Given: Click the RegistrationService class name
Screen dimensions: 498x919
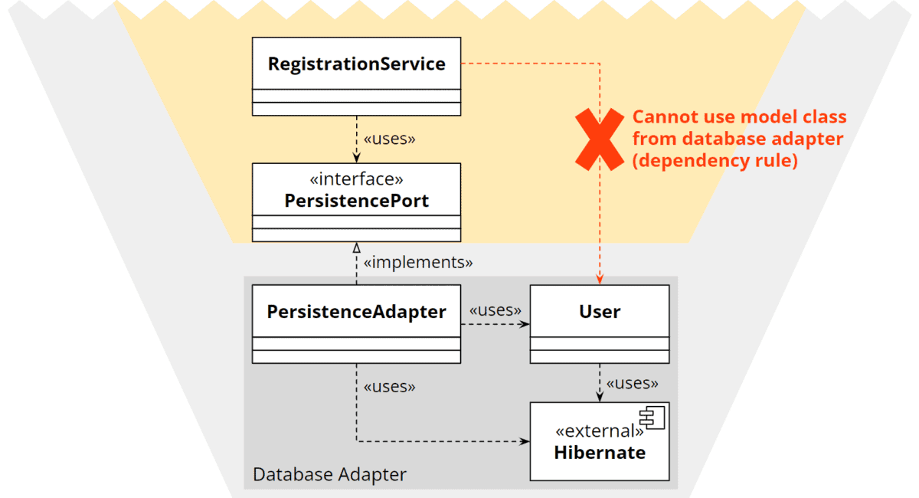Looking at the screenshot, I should (356, 64).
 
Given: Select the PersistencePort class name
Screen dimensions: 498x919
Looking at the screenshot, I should (356, 201).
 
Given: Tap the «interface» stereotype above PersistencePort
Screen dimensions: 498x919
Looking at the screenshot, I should (356, 179).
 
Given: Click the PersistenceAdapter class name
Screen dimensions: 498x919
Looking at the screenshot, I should (356, 312).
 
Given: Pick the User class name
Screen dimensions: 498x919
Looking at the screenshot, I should (600, 312).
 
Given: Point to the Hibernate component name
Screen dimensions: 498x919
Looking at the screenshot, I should (600, 452).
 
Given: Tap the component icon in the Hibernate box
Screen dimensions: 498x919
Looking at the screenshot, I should (653, 418).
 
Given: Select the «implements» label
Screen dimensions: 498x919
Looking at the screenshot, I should (418, 262).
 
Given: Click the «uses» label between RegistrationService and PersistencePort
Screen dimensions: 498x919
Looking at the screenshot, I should (389, 139).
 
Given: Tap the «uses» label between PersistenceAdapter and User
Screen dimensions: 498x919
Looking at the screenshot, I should (495, 310).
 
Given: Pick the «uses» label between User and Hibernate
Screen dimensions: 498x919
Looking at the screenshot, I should (632, 382).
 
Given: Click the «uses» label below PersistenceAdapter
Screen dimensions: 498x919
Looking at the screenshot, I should (389, 386).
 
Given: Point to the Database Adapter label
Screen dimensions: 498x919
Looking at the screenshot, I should (329, 474).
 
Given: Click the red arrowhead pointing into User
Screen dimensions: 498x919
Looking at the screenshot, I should (600, 280).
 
